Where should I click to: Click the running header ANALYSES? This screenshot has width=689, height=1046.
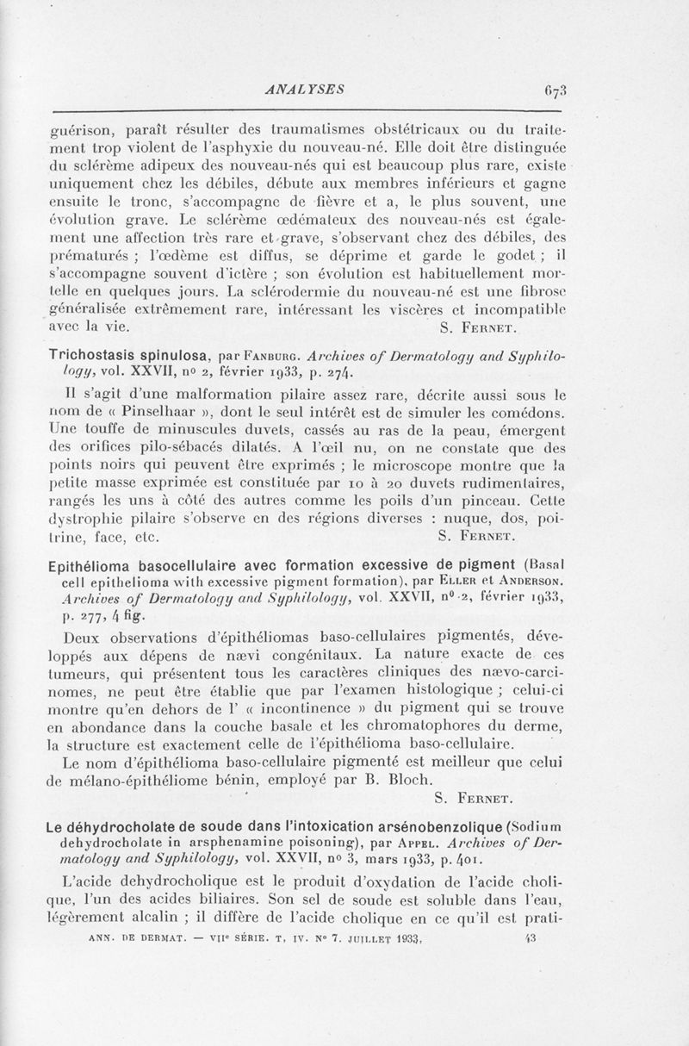click(x=307, y=87)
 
